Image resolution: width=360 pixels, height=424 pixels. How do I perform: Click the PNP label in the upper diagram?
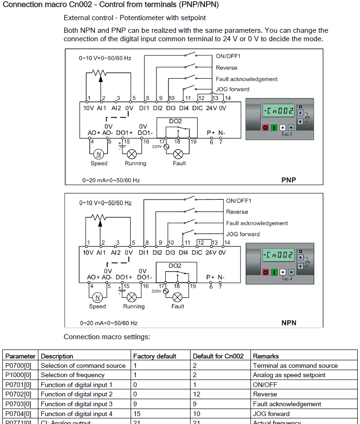(x=289, y=180)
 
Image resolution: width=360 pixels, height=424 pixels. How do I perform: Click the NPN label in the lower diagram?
(x=289, y=323)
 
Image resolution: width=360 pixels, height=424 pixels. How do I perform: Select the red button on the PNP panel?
(x=265, y=127)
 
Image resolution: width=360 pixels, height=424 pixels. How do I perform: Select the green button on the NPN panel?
(x=274, y=272)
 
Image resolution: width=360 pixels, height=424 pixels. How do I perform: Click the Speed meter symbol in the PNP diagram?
(x=99, y=154)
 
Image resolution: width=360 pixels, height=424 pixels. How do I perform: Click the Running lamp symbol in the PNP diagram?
(x=132, y=154)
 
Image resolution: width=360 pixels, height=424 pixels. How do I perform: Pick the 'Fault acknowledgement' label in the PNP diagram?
(x=246, y=79)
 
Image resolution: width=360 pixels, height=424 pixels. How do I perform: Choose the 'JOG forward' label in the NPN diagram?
(x=242, y=234)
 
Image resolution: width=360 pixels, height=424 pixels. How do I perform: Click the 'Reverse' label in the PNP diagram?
(x=226, y=68)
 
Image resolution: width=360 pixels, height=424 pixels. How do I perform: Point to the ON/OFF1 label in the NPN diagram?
(x=239, y=201)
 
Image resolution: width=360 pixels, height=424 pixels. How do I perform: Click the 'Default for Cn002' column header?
(x=218, y=356)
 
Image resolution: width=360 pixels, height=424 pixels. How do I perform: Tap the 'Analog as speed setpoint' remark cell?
(x=289, y=375)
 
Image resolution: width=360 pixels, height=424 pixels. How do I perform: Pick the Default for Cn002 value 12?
(x=197, y=394)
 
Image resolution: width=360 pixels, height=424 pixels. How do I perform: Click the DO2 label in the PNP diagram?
(x=176, y=121)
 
